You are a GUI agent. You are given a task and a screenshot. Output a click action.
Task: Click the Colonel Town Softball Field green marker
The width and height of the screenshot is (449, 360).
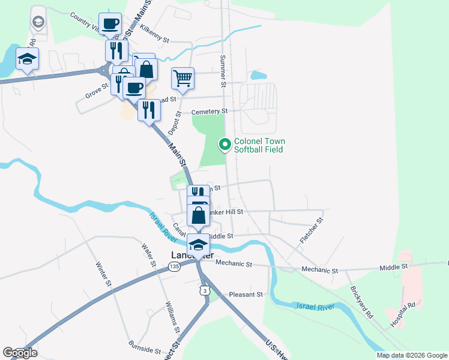tap(225, 144)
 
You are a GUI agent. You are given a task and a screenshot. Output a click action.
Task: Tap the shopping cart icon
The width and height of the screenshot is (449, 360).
tap(182, 77)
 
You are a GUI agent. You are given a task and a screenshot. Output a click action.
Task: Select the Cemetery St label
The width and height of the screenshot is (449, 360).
tap(209, 112)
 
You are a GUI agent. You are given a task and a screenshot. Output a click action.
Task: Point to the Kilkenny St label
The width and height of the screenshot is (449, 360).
tap(155, 29)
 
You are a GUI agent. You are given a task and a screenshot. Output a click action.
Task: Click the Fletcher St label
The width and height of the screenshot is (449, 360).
tap(311, 230)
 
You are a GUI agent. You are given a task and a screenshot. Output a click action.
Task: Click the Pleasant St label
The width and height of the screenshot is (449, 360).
tap(246, 295)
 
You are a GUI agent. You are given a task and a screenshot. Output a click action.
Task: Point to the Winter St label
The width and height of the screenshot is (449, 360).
tap(104, 272)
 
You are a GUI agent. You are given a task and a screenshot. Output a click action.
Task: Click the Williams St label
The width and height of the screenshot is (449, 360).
tap(172, 317)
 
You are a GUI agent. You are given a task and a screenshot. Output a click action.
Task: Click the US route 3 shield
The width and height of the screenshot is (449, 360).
tap(205, 290)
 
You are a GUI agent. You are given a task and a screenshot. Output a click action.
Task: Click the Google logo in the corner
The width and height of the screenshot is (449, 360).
tap(20, 353)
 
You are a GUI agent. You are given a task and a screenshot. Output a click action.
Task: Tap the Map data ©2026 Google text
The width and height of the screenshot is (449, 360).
tap(411, 355)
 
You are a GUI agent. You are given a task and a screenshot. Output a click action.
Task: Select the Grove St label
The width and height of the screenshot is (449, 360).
tap(96, 91)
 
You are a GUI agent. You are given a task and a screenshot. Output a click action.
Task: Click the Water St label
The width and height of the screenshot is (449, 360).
tap(148, 256)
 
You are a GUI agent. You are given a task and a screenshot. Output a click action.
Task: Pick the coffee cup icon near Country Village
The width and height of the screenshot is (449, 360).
tap(110, 24)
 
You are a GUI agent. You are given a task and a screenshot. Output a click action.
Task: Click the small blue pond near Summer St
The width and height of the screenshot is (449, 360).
tap(258, 76)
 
